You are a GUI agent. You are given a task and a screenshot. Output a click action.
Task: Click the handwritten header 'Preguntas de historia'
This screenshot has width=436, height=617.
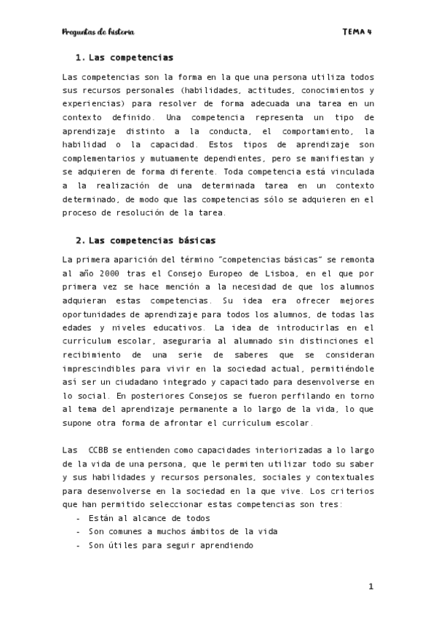(98, 32)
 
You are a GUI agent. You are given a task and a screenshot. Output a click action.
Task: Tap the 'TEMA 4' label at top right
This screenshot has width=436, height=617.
(357, 32)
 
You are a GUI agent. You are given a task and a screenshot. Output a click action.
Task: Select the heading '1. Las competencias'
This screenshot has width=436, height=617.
(124, 57)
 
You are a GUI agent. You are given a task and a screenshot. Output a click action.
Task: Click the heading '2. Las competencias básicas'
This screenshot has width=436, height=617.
(146, 239)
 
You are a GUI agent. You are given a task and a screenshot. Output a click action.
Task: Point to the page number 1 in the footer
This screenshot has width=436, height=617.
(370, 586)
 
